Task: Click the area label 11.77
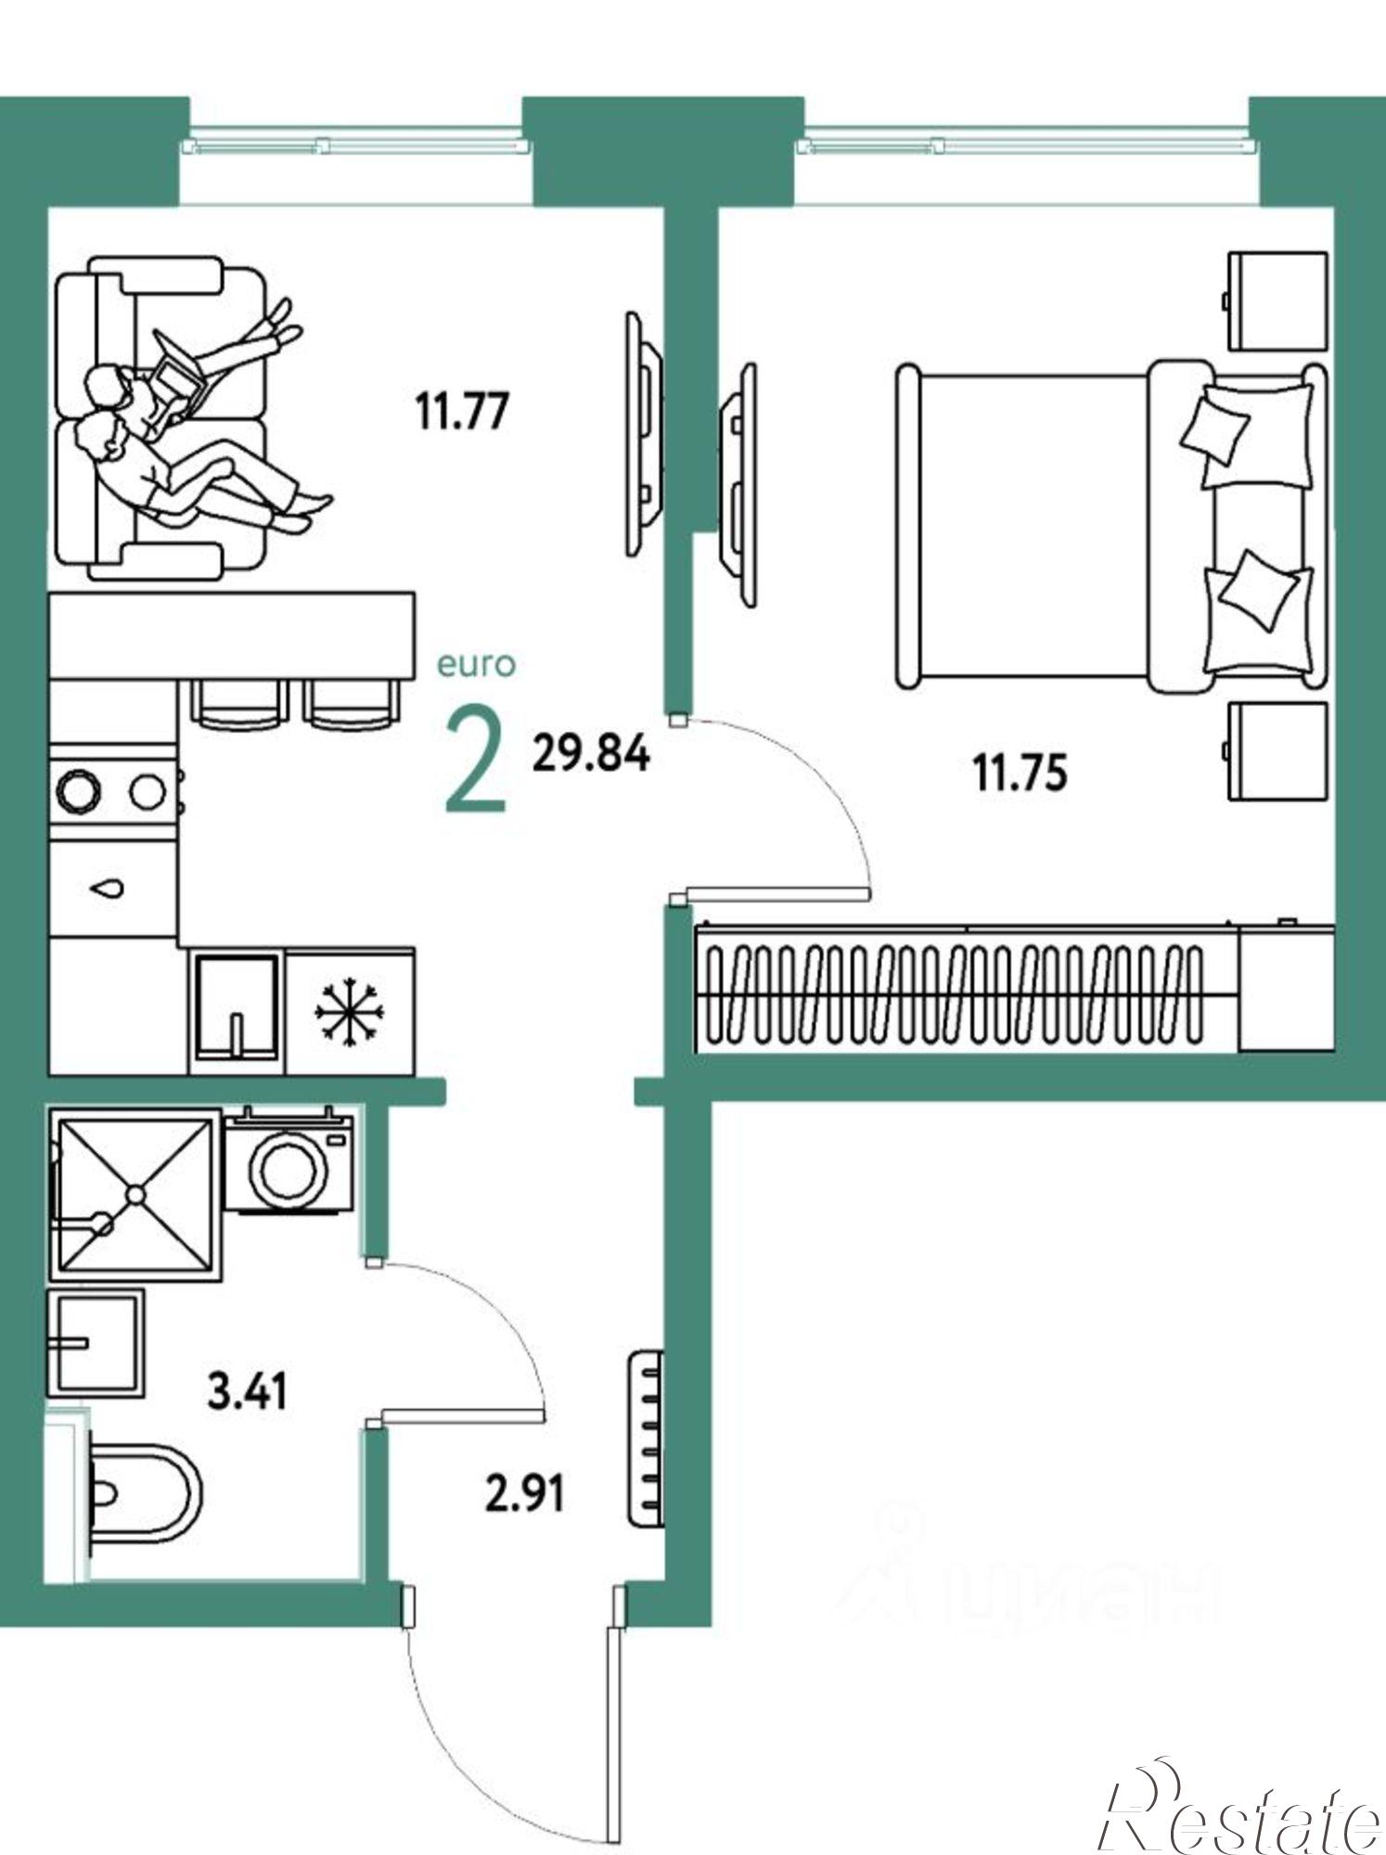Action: (462, 411)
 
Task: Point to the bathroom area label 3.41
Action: (248, 1391)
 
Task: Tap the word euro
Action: (476, 664)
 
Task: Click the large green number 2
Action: (477, 760)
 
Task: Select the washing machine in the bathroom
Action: (289, 1159)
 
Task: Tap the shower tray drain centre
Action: (136, 1195)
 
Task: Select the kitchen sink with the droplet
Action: (112, 888)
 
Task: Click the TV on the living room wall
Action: (644, 434)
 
